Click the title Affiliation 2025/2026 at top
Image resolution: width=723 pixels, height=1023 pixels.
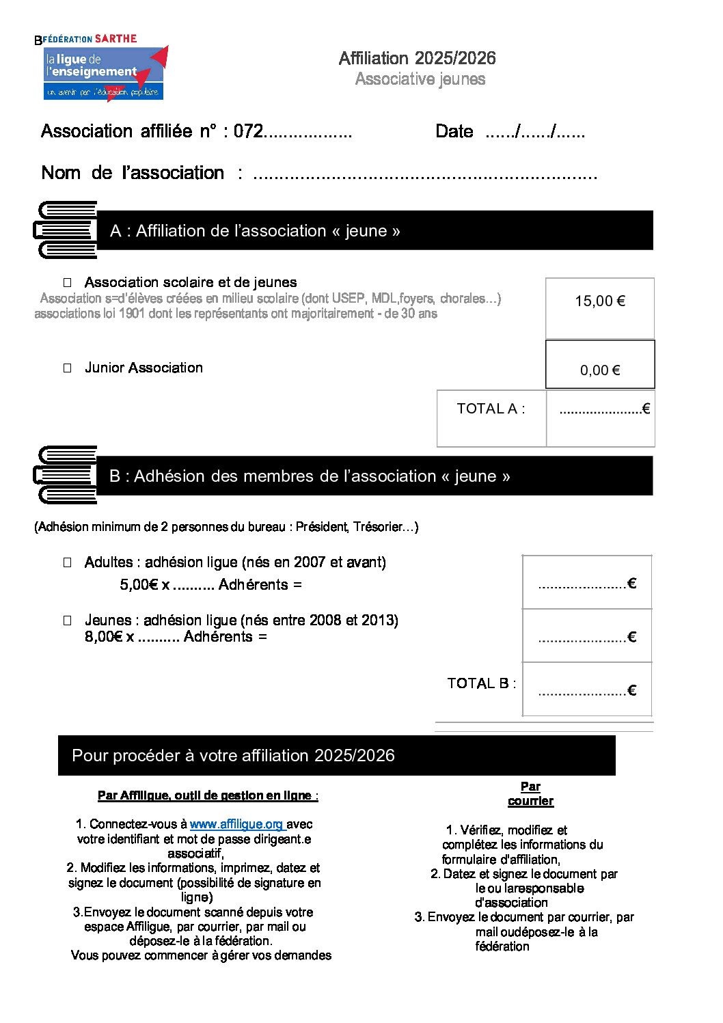point(417,58)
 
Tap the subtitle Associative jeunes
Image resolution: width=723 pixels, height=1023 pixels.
point(420,79)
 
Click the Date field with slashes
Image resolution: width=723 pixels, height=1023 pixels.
point(534,132)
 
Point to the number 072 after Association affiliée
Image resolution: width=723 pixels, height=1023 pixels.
point(248,131)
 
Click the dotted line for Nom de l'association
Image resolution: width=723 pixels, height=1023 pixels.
point(425,175)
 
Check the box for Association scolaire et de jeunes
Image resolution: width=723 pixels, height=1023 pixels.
point(68,282)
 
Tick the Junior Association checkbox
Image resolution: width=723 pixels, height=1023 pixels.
point(68,368)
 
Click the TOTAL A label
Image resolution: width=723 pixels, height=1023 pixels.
point(491,409)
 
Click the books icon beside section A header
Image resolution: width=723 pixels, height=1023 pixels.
point(66,230)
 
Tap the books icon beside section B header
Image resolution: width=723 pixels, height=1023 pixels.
point(66,475)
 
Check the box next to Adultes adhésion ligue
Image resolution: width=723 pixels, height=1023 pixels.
point(68,562)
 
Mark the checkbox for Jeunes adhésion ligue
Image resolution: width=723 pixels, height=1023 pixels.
point(68,620)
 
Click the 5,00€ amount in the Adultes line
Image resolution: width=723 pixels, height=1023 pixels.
point(139,585)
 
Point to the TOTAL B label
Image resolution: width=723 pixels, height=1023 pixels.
point(481,683)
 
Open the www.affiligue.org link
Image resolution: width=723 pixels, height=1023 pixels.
point(236,824)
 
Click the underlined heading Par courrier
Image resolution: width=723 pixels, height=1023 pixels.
point(530,794)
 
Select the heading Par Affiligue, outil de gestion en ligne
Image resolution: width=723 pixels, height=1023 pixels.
point(207,795)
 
